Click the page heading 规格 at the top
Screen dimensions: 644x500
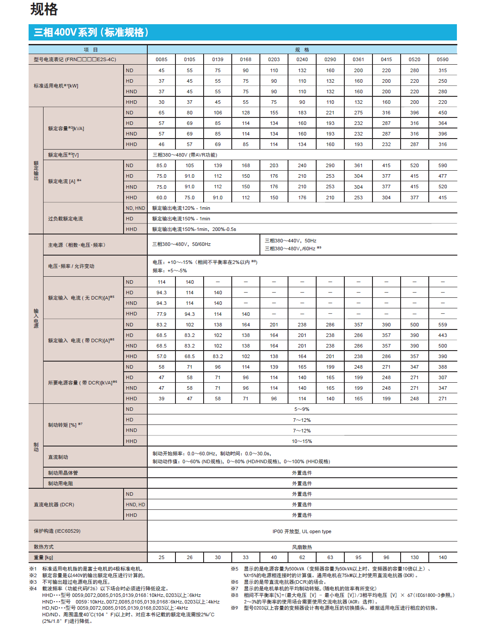point(44,9)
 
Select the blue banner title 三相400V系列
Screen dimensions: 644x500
point(91,33)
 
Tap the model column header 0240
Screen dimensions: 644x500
point(302,59)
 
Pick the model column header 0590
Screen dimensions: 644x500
point(442,59)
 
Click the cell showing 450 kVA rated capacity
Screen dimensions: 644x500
point(442,113)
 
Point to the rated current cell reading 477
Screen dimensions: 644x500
point(442,176)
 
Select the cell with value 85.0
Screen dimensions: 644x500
point(161,165)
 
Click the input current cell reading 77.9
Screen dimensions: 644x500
point(161,314)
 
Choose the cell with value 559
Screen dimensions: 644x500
point(442,325)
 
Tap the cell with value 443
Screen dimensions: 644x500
point(442,335)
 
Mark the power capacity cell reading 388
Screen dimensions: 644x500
point(442,367)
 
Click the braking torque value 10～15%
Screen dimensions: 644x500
point(302,441)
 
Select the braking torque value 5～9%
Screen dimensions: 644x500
point(302,409)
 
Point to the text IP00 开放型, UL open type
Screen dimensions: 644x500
point(302,531)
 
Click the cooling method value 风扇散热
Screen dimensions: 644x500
point(302,547)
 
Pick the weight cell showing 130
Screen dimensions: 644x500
point(415,557)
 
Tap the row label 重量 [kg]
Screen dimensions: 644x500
point(44,557)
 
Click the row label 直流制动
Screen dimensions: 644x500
point(58,457)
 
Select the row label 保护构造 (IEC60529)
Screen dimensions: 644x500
point(57,531)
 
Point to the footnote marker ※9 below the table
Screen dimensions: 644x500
point(235,608)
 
